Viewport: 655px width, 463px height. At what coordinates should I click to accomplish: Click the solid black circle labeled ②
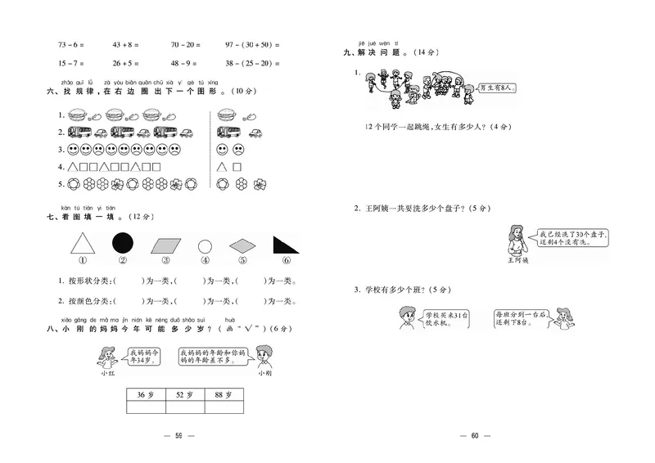(122, 243)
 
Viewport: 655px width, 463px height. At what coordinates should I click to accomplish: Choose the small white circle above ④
(205, 246)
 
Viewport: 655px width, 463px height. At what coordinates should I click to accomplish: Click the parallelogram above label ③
(165, 245)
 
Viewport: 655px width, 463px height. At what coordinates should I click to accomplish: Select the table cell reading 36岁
(146, 395)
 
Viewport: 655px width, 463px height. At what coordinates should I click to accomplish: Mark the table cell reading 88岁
(224, 395)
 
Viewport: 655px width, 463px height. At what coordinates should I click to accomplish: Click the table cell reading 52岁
(184, 395)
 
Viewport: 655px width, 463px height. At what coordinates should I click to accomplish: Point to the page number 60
(473, 435)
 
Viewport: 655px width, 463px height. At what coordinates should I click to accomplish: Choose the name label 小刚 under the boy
(264, 374)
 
